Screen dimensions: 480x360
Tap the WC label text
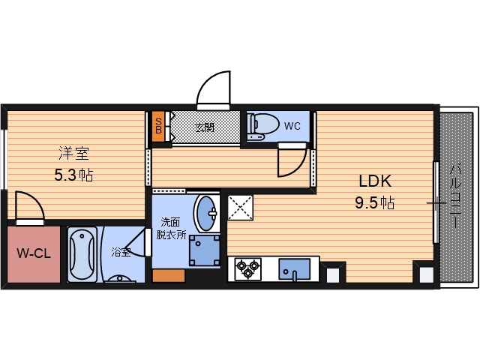292,126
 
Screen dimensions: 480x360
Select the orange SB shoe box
158,127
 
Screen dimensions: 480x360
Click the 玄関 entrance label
205,127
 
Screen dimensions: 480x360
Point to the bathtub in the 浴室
82,254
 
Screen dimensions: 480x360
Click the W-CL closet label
34,253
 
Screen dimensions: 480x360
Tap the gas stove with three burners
247,269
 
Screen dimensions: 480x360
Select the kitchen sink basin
294,269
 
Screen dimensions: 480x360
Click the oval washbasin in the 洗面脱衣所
207,213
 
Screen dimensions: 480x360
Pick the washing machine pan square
205,250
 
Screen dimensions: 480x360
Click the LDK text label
375,181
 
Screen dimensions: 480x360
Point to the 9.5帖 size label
375,202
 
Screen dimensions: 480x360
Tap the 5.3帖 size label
73,175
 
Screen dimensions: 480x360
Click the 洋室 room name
73,153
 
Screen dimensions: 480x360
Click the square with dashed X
240,208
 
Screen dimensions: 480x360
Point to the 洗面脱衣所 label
171,228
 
